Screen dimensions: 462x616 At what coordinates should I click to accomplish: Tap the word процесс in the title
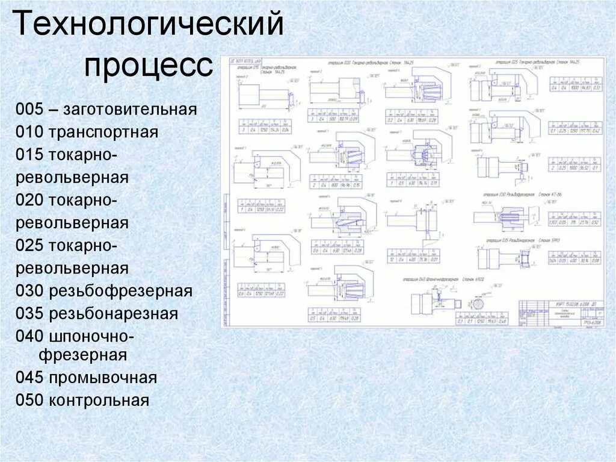pos(148,64)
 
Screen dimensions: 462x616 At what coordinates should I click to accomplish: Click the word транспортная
pos(104,133)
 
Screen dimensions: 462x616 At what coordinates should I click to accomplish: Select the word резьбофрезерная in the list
pos(120,292)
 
